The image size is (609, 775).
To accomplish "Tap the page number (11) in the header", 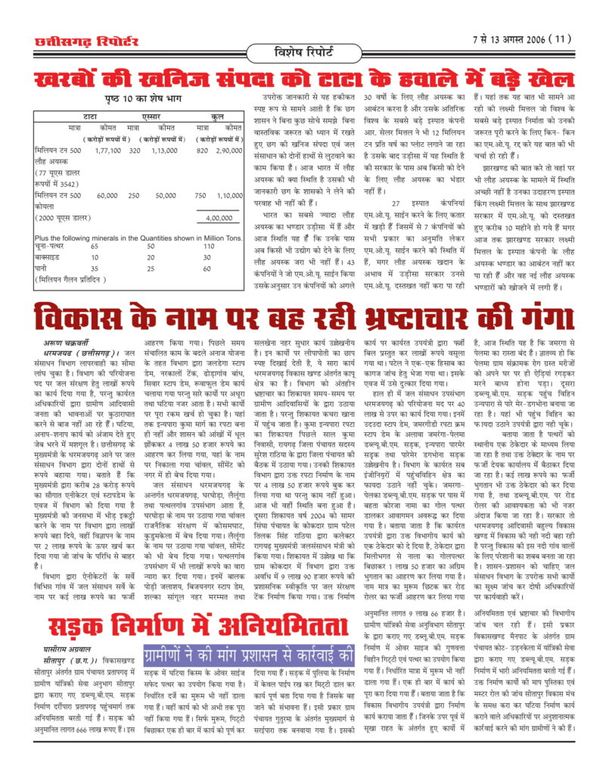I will point(558,39).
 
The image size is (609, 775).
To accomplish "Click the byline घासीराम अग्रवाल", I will point(70,649).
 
